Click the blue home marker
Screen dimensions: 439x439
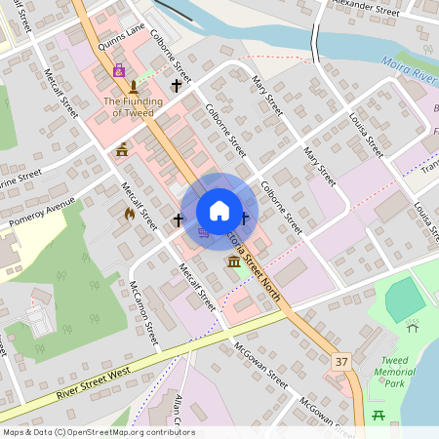click(219, 211)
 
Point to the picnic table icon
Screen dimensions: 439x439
click(379, 416)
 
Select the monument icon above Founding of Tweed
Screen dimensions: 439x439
click(133, 87)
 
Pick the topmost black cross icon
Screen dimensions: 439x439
click(177, 86)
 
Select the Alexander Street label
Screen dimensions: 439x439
click(365, 9)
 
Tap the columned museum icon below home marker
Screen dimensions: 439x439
click(233, 262)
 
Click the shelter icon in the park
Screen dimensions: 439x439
click(413, 327)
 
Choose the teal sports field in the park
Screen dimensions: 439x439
click(405, 299)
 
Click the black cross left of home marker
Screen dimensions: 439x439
click(178, 219)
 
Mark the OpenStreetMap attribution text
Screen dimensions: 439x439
click(99, 432)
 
